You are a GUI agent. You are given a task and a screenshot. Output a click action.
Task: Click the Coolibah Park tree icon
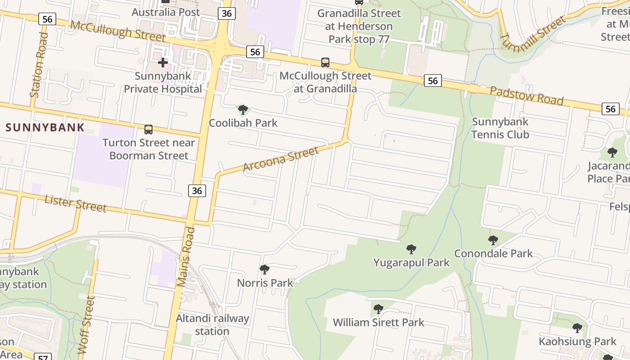243,109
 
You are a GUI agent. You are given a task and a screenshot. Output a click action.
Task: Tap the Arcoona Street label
281,159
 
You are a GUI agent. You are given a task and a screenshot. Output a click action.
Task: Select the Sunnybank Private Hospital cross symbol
163,63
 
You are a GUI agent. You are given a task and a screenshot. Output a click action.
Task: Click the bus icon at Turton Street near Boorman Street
148,130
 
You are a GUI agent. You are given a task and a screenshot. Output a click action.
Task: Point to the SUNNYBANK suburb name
45,127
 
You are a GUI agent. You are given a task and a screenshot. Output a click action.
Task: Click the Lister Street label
76,204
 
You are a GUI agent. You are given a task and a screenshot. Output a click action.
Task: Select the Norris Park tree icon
265,270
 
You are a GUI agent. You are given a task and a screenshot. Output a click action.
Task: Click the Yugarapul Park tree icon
411,249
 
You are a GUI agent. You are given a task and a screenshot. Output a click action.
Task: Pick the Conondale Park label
493,253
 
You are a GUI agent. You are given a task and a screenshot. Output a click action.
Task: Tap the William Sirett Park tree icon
378,309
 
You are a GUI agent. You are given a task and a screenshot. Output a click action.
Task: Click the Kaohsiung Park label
577,342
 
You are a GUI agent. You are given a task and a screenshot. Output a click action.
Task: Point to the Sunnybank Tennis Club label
500,128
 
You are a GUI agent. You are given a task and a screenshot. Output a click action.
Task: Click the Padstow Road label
526,96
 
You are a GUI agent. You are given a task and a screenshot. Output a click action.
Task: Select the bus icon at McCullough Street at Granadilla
325,63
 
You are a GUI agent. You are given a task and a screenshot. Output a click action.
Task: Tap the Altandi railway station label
212,324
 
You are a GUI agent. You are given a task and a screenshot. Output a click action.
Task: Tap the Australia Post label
166,12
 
